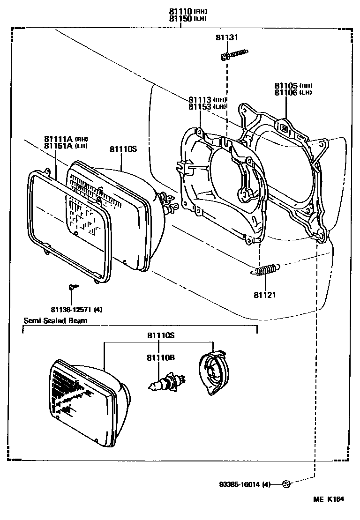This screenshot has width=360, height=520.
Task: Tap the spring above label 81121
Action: [x=265, y=270]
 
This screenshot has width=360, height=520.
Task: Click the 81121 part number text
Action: [x=265, y=295]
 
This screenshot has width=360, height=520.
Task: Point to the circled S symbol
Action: [x=286, y=484]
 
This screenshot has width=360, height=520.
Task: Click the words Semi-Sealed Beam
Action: [x=55, y=320]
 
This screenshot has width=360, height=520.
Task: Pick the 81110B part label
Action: [x=161, y=357]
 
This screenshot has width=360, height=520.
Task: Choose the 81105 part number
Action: [x=285, y=86]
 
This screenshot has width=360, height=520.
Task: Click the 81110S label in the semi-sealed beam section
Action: [x=161, y=336]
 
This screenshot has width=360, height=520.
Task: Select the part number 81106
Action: [x=285, y=92]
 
